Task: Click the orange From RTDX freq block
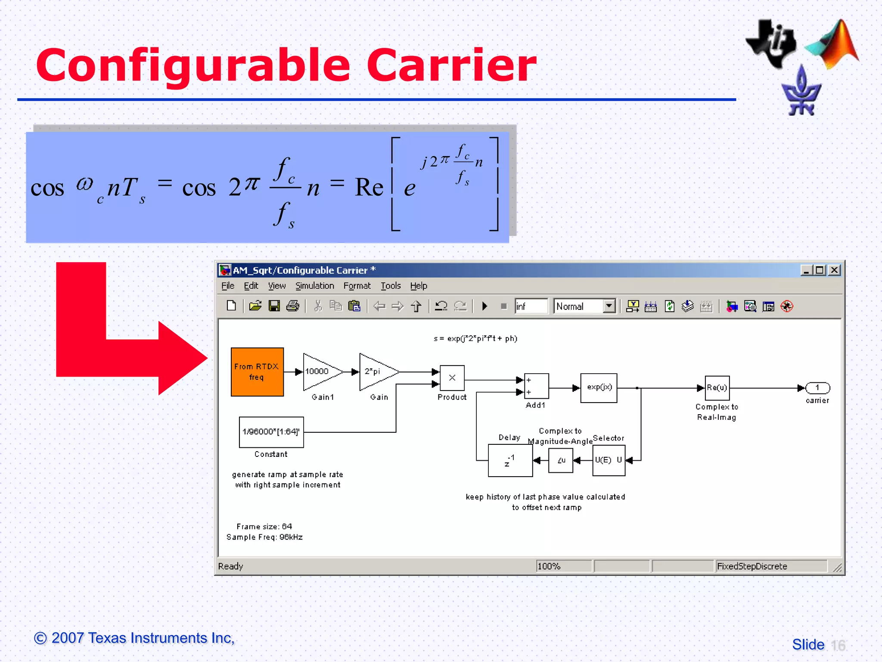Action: pos(257,372)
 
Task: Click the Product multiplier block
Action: pos(452,378)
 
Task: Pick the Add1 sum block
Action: pos(536,386)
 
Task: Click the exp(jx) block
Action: pos(599,387)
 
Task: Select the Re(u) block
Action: pos(717,387)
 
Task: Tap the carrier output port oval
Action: pos(817,387)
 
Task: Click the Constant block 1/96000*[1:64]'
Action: pos(271,432)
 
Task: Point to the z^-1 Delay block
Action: pos(510,460)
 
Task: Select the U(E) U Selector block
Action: pos(609,460)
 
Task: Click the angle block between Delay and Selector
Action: pos(560,460)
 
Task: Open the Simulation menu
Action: pos(314,286)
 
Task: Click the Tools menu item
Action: pos(390,286)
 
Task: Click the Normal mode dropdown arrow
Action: pos(609,306)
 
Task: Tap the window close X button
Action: pos(834,270)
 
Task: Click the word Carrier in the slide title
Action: pos(451,66)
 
